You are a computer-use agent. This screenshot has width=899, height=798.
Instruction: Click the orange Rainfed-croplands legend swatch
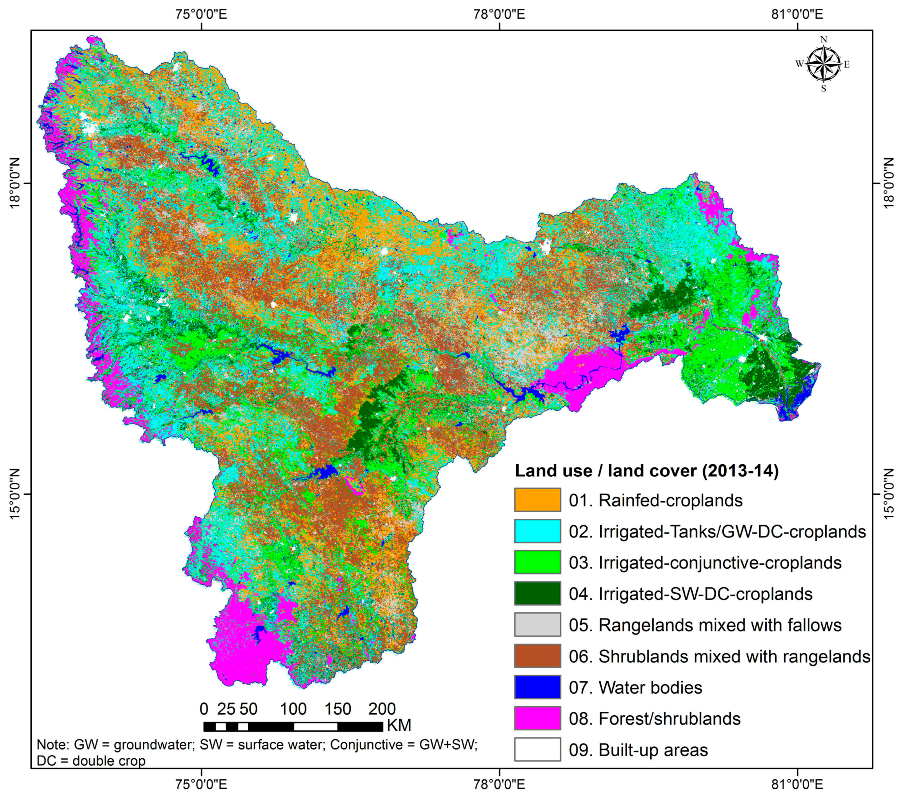(x=537, y=500)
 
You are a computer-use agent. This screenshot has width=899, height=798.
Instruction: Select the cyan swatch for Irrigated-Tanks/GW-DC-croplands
(x=537, y=531)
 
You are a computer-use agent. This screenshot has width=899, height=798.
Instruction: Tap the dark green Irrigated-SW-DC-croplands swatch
(x=537, y=594)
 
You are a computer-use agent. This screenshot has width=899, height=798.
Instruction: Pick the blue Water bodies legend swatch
(x=537, y=687)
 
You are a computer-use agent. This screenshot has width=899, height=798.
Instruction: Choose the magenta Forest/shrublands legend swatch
(x=537, y=718)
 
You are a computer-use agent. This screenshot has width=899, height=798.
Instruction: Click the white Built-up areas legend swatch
(x=537, y=749)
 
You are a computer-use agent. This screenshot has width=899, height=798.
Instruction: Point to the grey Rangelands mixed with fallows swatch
(x=537, y=625)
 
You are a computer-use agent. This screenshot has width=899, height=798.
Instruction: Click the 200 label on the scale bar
(x=382, y=709)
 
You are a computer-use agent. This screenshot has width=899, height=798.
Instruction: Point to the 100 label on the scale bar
(x=293, y=709)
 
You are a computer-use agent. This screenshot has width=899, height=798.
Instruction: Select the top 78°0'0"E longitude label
(x=499, y=14)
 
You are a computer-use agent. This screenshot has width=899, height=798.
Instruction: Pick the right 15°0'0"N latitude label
(x=888, y=494)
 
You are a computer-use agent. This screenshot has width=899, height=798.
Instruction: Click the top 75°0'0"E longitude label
(x=202, y=14)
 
